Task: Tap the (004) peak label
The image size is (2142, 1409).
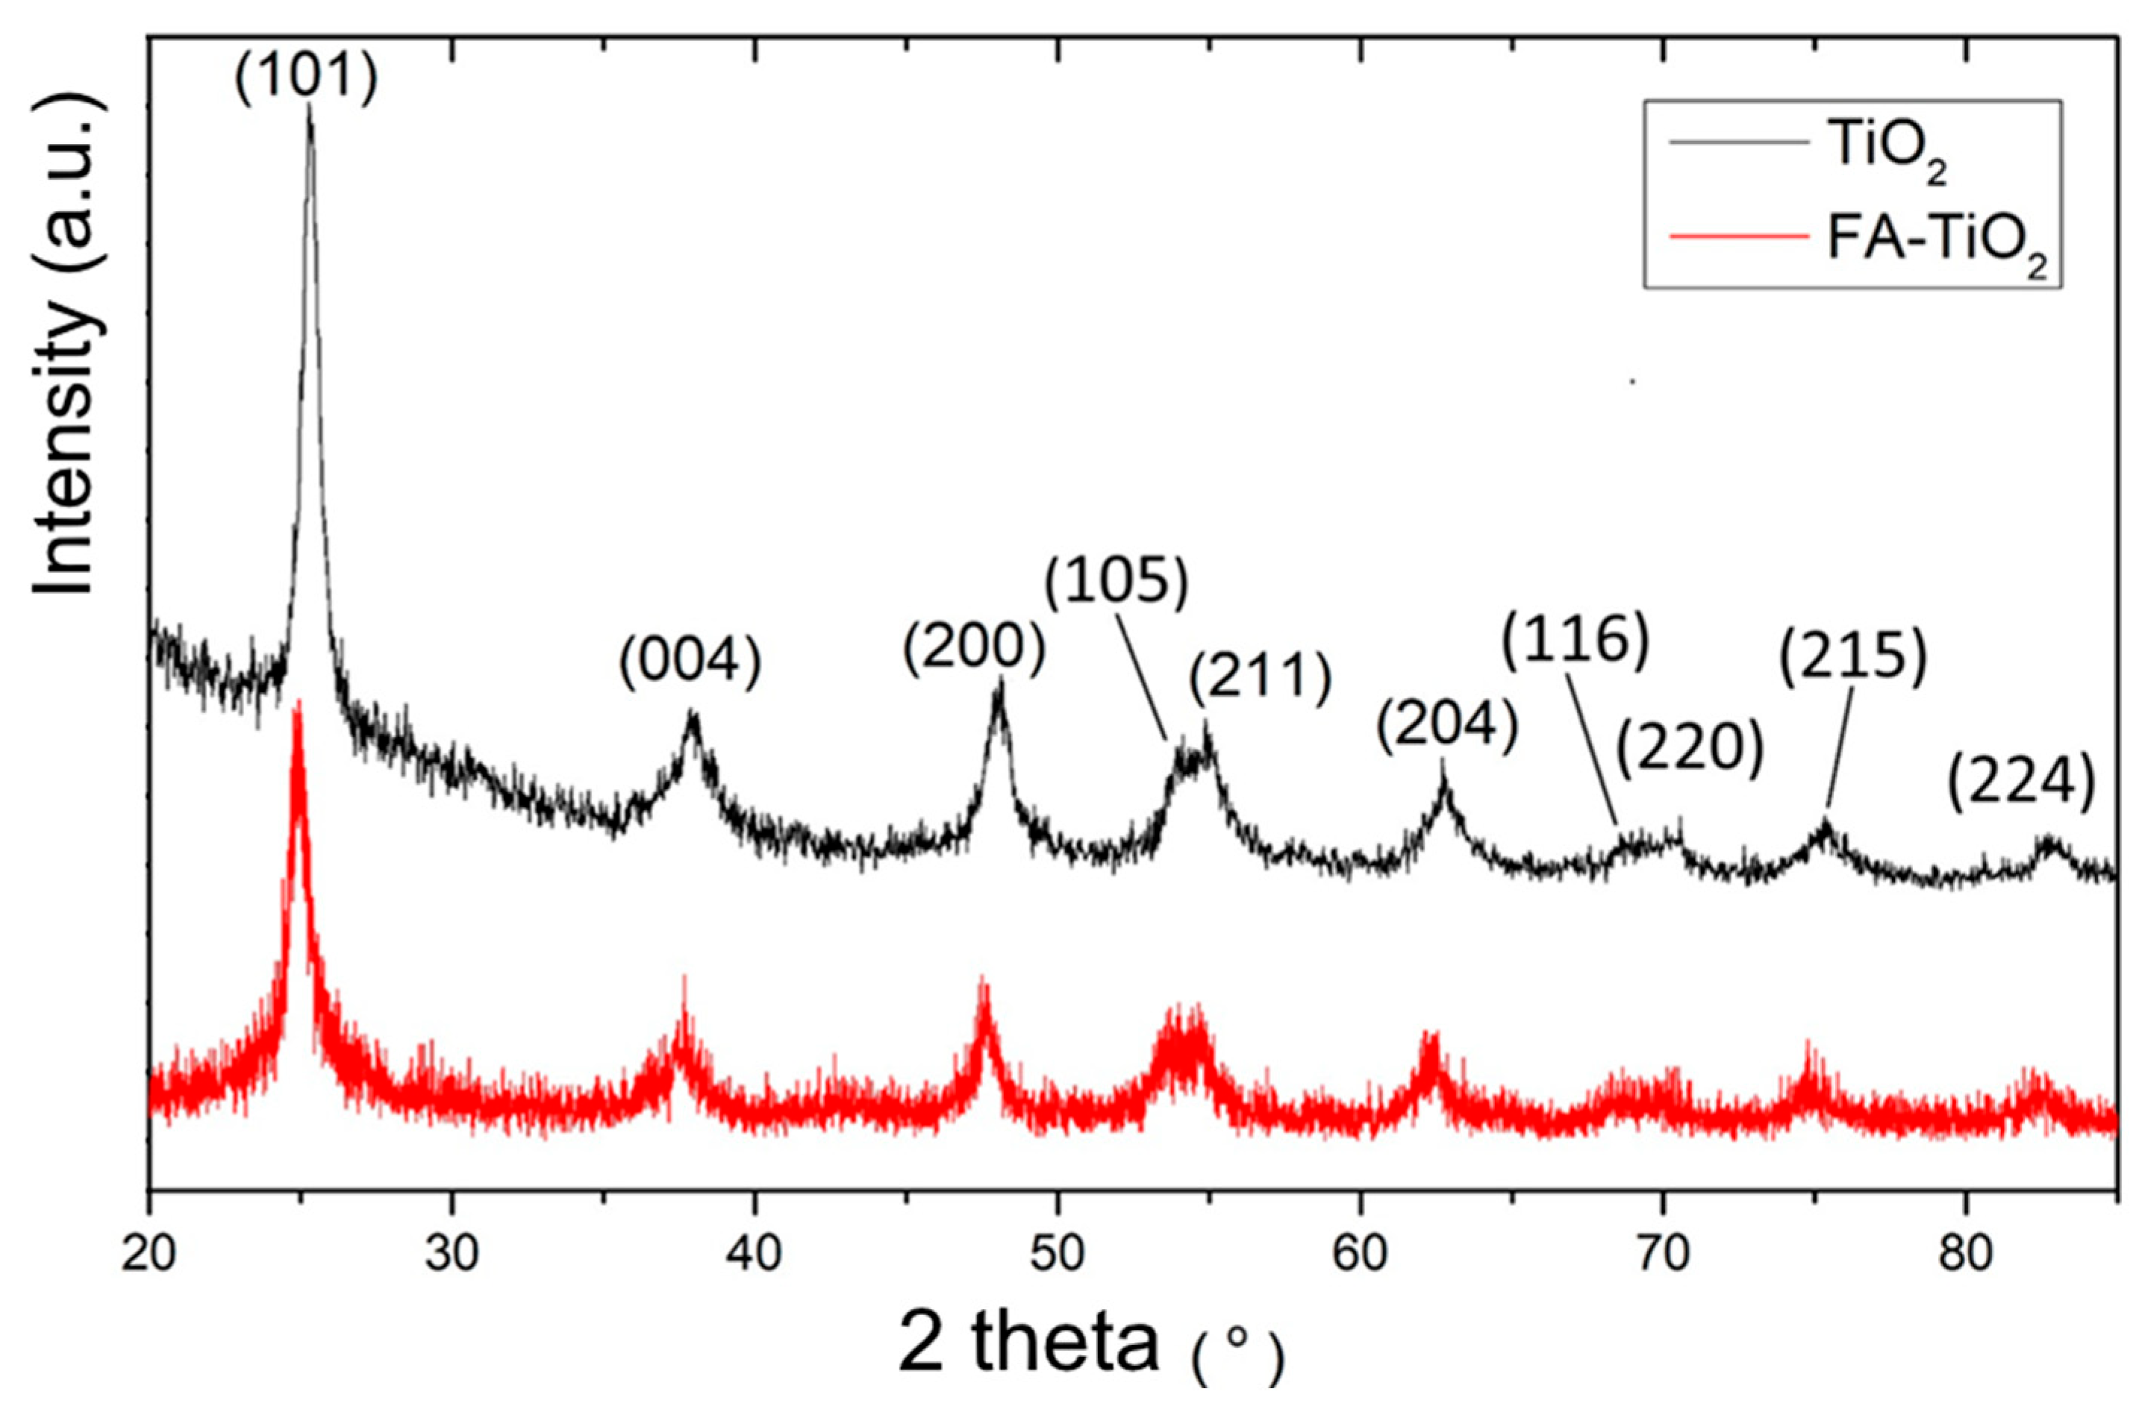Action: pos(690,662)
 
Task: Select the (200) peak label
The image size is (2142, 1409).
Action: pos(975,650)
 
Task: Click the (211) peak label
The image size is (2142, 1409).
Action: pos(1260,680)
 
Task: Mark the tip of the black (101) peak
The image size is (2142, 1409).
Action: pos(310,106)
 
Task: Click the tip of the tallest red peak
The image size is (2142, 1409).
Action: pos(297,702)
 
